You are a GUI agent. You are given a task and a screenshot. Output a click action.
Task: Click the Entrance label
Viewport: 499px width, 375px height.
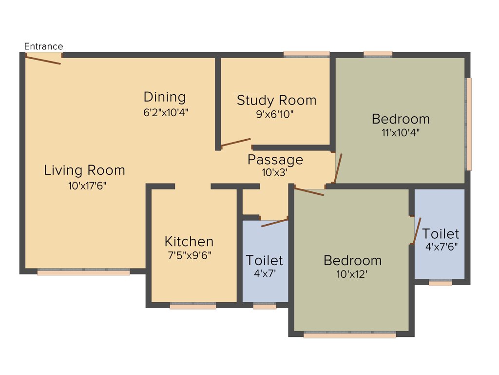click(x=43, y=46)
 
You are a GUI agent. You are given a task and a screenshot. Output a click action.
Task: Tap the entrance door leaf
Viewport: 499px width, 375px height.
click(x=43, y=60)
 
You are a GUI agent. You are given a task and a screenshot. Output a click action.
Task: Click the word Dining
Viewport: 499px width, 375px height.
click(x=165, y=97)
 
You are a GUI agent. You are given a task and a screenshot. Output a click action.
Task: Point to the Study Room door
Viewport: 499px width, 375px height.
click(x=236, y=143)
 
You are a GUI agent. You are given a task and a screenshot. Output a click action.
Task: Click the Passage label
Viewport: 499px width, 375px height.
click(x=275, y=160)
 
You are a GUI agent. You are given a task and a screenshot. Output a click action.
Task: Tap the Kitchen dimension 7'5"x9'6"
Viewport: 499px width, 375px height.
click(x=189, y=254)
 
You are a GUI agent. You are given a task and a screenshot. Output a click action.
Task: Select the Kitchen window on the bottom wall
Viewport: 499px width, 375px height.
click(x=193, y=306)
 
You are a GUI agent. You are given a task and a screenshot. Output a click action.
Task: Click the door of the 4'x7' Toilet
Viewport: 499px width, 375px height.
click(x=275, y=223)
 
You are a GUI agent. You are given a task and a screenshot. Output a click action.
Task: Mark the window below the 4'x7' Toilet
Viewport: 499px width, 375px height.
click(x=265, y=306)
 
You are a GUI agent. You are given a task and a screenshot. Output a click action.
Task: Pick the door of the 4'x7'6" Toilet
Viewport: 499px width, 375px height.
click(x=417, y=231)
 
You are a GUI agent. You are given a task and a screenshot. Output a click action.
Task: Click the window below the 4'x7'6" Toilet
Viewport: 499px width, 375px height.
click(x=440, y=283)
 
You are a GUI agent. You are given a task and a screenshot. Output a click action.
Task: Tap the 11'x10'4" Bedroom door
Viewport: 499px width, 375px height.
click(x=338, y=168)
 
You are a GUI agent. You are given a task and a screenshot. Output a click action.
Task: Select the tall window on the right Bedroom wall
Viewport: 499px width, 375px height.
click(x=469, y=124)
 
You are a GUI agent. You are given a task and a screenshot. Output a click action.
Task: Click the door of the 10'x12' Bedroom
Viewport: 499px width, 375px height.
click(x=309, y=191)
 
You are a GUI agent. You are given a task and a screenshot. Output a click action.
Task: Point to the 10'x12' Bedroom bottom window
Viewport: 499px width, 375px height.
click(x=349, y=335)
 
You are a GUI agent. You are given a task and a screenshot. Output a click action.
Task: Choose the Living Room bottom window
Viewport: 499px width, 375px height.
click(x=84, y=272)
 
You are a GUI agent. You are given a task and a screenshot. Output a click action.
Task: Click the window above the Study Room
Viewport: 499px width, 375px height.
click(x=307, y=54)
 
